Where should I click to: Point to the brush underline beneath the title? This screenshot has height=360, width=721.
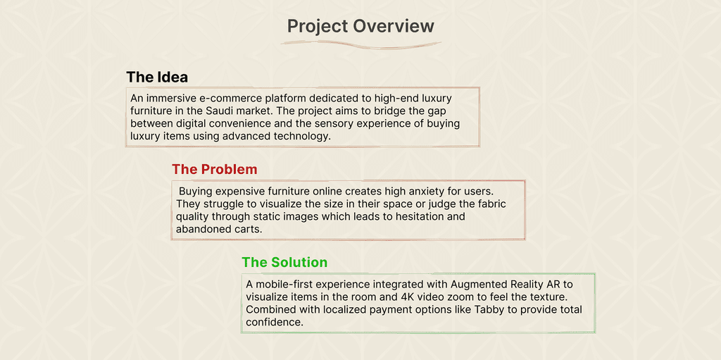361,44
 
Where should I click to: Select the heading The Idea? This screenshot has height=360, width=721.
157,77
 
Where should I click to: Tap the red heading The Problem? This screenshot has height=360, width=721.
214,169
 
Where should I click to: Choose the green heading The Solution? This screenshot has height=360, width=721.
284,262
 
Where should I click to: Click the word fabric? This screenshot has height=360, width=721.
491,204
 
